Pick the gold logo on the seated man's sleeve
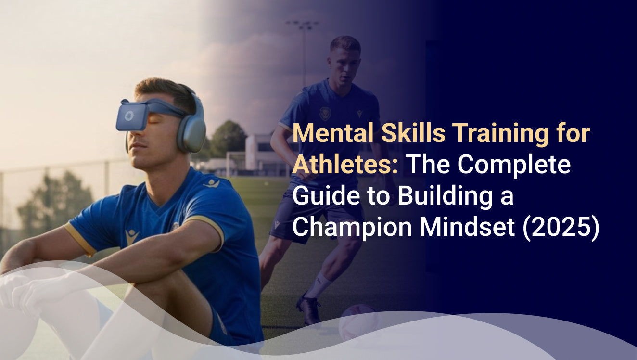[x=131, y=236]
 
